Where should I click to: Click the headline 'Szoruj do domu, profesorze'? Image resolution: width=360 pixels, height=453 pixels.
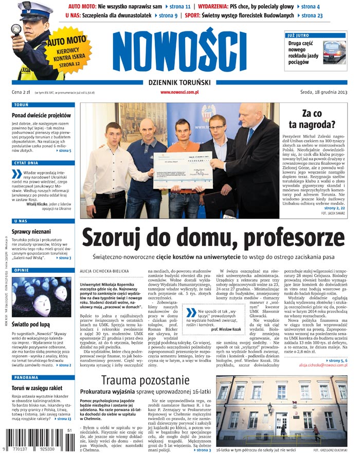click(206, 238)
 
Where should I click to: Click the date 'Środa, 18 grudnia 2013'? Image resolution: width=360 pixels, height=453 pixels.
click(324, 92)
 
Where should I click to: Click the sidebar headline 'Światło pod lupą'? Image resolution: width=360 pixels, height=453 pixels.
click(35, 325)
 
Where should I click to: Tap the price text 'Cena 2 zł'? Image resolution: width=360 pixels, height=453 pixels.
click(21, 92)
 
